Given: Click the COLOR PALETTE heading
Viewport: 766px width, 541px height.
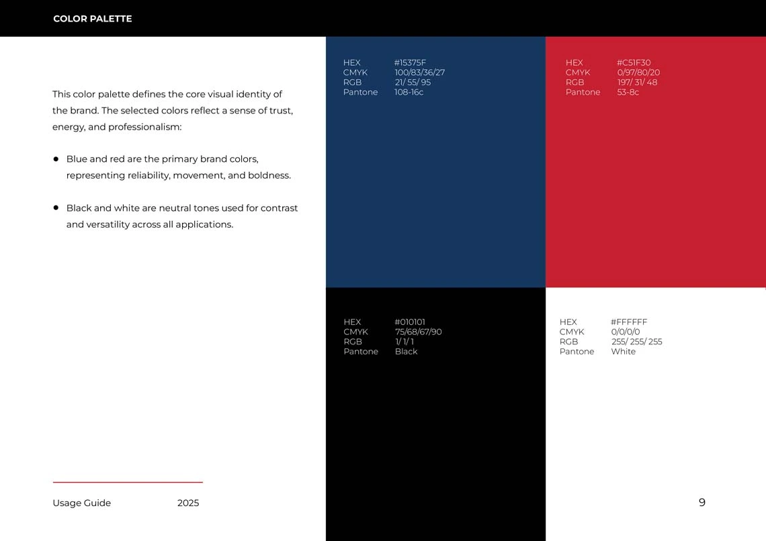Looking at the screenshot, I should click(x=92, y=19).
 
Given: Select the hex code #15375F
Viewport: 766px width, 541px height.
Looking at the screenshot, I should click(x=410, y=63).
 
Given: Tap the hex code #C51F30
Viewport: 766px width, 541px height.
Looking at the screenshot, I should click(x=634, y=63).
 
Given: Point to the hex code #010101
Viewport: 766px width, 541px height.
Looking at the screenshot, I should click(x=410, y=322).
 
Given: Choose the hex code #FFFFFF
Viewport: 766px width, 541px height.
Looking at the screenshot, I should click(x=629, y=322).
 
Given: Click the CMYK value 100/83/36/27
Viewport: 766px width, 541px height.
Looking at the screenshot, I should click(x=419, y=72).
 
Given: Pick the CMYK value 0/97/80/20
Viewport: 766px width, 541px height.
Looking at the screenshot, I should click(x=638, y=72).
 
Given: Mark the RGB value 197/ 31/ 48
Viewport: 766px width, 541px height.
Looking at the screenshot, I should click(x=637, y=83).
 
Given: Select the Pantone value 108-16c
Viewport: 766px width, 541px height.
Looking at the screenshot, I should click(x=409, y=92).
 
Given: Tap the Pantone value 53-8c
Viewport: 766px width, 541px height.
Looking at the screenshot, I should click(x=628, y=92).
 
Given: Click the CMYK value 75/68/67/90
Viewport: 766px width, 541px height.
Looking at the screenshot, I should click(x=418, y=332).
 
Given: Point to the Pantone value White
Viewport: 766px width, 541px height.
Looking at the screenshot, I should click(x=623, y=352).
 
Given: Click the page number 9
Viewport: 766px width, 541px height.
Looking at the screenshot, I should click(x=702, y=503).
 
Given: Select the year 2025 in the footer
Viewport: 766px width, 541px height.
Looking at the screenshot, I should click(x=188, y=503).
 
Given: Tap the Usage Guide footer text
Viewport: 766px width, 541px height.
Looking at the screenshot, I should click(x=81, y=503).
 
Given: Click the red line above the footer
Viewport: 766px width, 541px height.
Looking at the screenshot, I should click(x=128, y=482).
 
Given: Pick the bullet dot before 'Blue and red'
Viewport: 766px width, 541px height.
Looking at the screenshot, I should click(x=56, y=159).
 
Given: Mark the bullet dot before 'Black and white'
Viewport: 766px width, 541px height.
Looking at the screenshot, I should click(x=56, y=208).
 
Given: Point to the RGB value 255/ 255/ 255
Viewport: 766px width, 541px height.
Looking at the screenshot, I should click(x=636, y=342).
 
